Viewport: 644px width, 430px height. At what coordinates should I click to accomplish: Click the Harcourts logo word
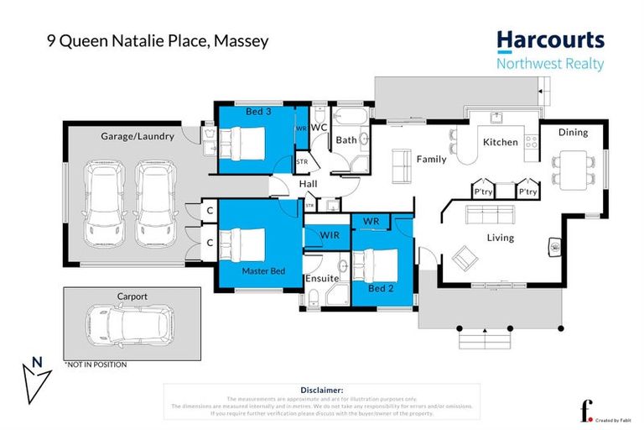(x=549, y=40)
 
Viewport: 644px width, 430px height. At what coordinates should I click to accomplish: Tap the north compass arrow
(x=34, y=380)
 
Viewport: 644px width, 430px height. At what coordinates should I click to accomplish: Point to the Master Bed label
(x=263, y=272)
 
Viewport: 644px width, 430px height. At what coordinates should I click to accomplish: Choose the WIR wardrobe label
(x=329, y=236)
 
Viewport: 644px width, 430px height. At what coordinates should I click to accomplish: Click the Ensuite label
(x=322, y=277)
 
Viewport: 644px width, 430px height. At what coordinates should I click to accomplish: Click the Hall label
(x=307, y=186)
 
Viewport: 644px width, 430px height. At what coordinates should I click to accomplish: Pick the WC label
(x=319, y=127)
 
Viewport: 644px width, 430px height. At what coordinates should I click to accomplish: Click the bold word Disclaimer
(x=321, y=390)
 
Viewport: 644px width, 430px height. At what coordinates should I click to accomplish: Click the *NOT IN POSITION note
(x=95, y=364)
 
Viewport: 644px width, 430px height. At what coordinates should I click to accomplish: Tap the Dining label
(x=574, y=132)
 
